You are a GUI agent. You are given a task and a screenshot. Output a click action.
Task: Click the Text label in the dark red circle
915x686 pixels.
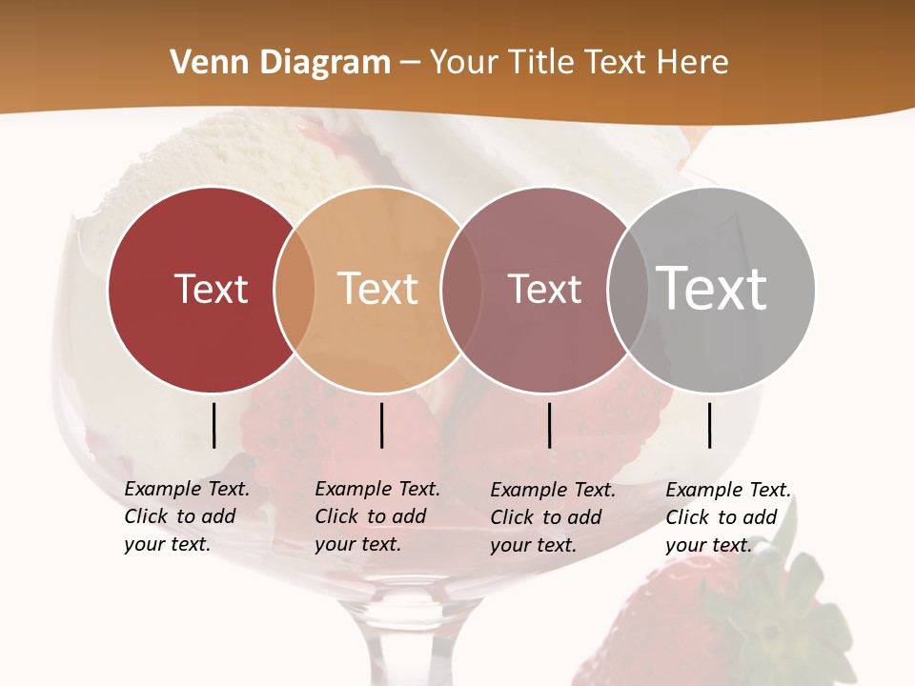click(211, 289)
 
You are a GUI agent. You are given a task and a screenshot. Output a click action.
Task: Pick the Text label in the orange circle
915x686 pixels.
click(378, 289)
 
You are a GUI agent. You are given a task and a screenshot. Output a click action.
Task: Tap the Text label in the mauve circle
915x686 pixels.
click(544, 289)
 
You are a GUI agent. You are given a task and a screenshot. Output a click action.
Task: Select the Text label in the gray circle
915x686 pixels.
click(712, 288)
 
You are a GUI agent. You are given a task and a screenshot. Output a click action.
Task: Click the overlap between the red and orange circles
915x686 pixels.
click(295, 290)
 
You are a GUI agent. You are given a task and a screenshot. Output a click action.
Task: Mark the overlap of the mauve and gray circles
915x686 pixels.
click(625, 290)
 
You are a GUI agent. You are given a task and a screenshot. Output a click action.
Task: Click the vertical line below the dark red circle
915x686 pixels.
click(213, 425)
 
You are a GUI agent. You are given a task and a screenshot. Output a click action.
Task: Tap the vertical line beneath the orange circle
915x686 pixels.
click(381, 425)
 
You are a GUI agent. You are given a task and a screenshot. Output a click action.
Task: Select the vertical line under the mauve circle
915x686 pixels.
click(549, 425)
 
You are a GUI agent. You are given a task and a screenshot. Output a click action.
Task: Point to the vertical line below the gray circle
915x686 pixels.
click(710, 425)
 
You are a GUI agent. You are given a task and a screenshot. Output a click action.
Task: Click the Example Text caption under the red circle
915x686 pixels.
click(186, 516)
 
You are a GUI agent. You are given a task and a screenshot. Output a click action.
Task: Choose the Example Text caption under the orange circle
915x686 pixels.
click(376, 516)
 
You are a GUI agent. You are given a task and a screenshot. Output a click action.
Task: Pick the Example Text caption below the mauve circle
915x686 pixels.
click(552, 517)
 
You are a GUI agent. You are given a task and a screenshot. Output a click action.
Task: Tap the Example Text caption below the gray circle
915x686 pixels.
click(727, 517)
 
